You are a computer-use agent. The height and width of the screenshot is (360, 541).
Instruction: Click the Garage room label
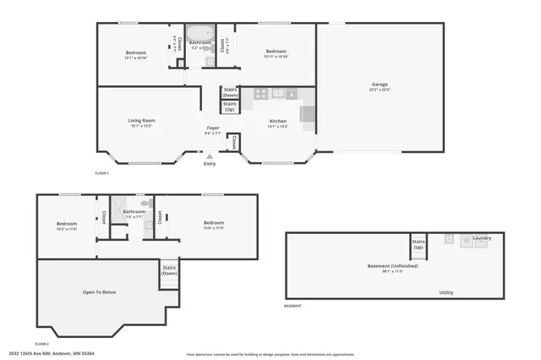(380, 85)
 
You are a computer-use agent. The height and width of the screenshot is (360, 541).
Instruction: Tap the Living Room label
(141, 121)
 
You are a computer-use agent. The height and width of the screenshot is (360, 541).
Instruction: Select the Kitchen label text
(278, 122)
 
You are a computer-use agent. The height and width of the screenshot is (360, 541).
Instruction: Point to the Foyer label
(212, 128)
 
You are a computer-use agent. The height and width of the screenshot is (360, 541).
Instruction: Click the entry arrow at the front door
(210, 156)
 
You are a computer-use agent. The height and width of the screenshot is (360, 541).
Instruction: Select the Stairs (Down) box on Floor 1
(230, 93)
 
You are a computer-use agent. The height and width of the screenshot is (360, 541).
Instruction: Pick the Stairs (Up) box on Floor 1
(230, 107)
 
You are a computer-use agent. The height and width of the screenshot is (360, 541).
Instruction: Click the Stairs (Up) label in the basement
(418, 244)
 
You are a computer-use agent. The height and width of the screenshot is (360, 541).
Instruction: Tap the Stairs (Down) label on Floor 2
(169, 271)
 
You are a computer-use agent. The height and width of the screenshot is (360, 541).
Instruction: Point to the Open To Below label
(99, 292)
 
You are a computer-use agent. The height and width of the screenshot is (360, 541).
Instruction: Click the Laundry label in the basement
(482, 238)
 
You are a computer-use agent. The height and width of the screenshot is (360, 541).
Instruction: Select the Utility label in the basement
(445, 292)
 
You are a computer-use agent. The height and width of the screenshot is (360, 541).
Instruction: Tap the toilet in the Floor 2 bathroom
(145, 205)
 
